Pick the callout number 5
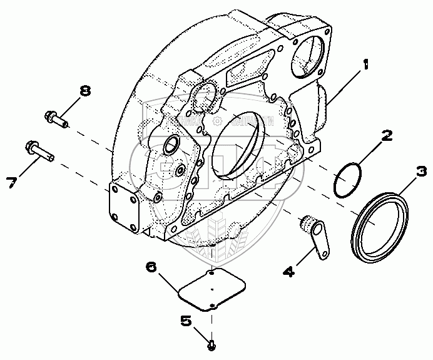coord(185,322)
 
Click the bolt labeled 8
coord(56,118)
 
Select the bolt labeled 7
coord(39,151)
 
